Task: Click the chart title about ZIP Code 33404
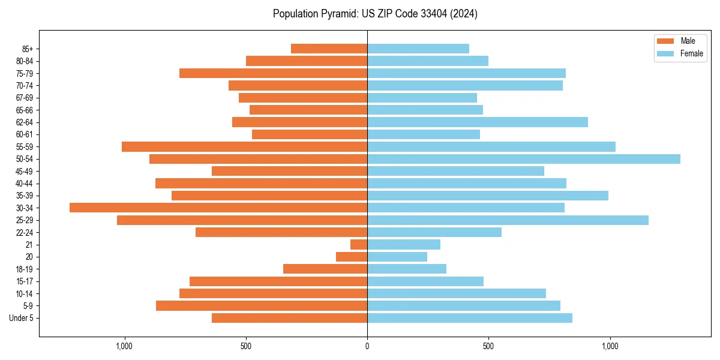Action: point(375,14)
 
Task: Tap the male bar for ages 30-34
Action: point(218,208)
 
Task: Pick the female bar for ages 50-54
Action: point(524,159)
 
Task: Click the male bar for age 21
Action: point(359,244)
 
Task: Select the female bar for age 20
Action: point(397,257)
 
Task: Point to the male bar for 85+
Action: point(329,49)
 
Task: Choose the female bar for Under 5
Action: point(470,318)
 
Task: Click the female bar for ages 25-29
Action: point(508,220)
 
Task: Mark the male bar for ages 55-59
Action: point(244,146)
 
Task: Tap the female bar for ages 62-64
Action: point(478,122)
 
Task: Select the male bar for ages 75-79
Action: point(273,73)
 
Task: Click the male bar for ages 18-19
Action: point(325,269)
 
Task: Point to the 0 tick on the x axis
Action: point(367,346)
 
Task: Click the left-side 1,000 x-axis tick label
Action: point(124,346)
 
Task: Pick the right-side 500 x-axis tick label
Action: point(488,346)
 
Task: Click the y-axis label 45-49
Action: point(25,171)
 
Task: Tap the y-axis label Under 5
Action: point(22,318)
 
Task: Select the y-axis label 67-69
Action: point(25,98)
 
